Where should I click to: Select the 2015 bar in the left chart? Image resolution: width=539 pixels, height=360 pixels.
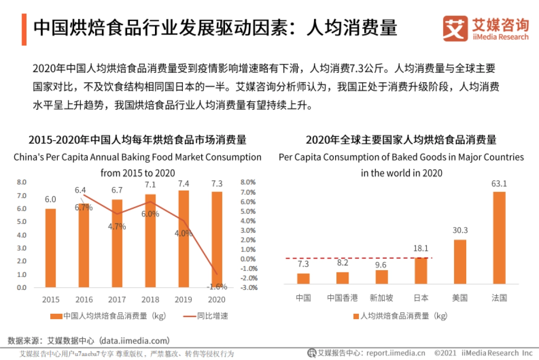pos(50,248)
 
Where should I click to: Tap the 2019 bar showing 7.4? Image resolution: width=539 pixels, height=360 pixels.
pos(184,239)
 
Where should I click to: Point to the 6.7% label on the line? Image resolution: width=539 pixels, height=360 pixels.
pos(84,207)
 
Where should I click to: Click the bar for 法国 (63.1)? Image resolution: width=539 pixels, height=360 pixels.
pos(499,238)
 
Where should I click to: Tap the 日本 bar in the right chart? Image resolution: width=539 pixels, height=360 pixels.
pos(421,271)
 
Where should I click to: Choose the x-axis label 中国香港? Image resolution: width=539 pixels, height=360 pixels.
pos(342,298)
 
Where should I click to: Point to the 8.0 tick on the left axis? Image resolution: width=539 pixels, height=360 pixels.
pos(22,182)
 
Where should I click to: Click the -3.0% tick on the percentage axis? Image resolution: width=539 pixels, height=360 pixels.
pos(249,288)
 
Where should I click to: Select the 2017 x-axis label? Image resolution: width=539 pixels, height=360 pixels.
pos(117,300)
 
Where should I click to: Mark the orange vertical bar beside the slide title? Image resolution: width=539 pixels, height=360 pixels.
pos(24,29)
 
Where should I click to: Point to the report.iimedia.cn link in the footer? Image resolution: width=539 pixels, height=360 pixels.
pos(395,353)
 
